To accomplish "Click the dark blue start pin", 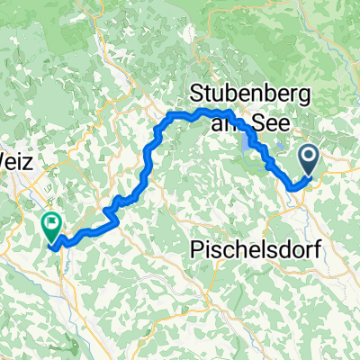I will (309, 161).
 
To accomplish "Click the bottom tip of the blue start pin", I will (309, 175).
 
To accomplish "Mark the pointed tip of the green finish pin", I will (52, 240).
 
